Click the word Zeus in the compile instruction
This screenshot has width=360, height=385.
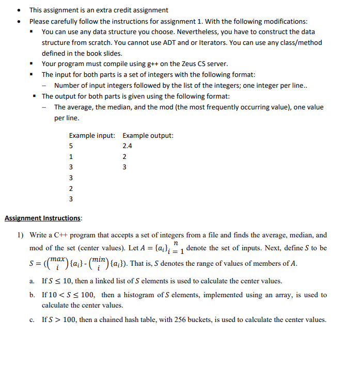(187, 64)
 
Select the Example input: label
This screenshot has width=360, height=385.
(92, 136)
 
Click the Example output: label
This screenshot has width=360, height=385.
(148, 136)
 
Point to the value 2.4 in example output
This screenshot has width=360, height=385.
(128, 146)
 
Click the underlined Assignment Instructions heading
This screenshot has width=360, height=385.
(43, 218)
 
